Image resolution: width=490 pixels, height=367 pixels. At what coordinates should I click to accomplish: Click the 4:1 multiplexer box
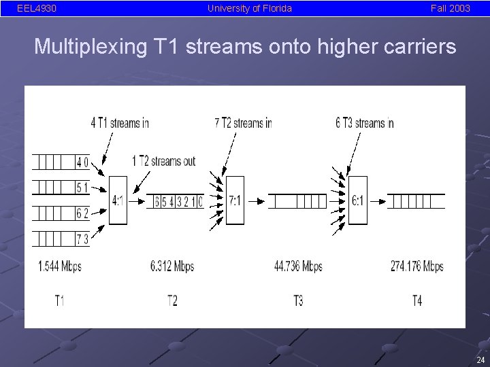tap(118, 200)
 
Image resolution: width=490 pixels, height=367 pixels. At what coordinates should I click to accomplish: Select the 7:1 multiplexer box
tap(235, 200)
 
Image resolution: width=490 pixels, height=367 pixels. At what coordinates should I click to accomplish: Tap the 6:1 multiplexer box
tap(357, 200)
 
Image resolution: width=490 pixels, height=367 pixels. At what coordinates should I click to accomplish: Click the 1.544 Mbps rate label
tap(60, 266)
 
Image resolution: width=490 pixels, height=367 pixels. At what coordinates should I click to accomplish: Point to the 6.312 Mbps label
tap(172, 266)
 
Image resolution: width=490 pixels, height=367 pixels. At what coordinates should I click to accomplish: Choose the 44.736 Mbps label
tap(298, 266)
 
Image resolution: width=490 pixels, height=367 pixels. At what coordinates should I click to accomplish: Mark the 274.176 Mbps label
tap(416, 266)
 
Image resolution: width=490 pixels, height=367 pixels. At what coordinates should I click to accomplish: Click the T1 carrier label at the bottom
tap(60, 300)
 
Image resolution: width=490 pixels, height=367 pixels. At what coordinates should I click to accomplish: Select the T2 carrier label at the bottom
tap(172, 300)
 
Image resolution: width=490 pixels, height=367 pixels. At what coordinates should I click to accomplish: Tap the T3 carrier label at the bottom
tap(298, 300)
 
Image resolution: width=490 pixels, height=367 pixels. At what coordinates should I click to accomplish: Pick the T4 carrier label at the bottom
tap(417, 300)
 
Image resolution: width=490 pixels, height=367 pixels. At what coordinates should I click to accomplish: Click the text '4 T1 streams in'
tap(120, 123)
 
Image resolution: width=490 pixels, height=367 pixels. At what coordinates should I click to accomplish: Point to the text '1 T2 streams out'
tap(163, 161)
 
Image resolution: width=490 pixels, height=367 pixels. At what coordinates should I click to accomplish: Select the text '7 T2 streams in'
tap(243, 123)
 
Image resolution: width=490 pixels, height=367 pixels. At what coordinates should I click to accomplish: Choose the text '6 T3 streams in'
tap(365, 123)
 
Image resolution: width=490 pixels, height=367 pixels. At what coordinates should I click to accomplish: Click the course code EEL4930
tap(37, 8)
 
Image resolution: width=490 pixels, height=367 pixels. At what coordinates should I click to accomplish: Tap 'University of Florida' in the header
tap(250, 8)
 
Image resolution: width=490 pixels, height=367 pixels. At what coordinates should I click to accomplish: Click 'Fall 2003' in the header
tap(450, 8)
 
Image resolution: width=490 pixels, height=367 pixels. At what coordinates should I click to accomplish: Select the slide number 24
tap(480, 360)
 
